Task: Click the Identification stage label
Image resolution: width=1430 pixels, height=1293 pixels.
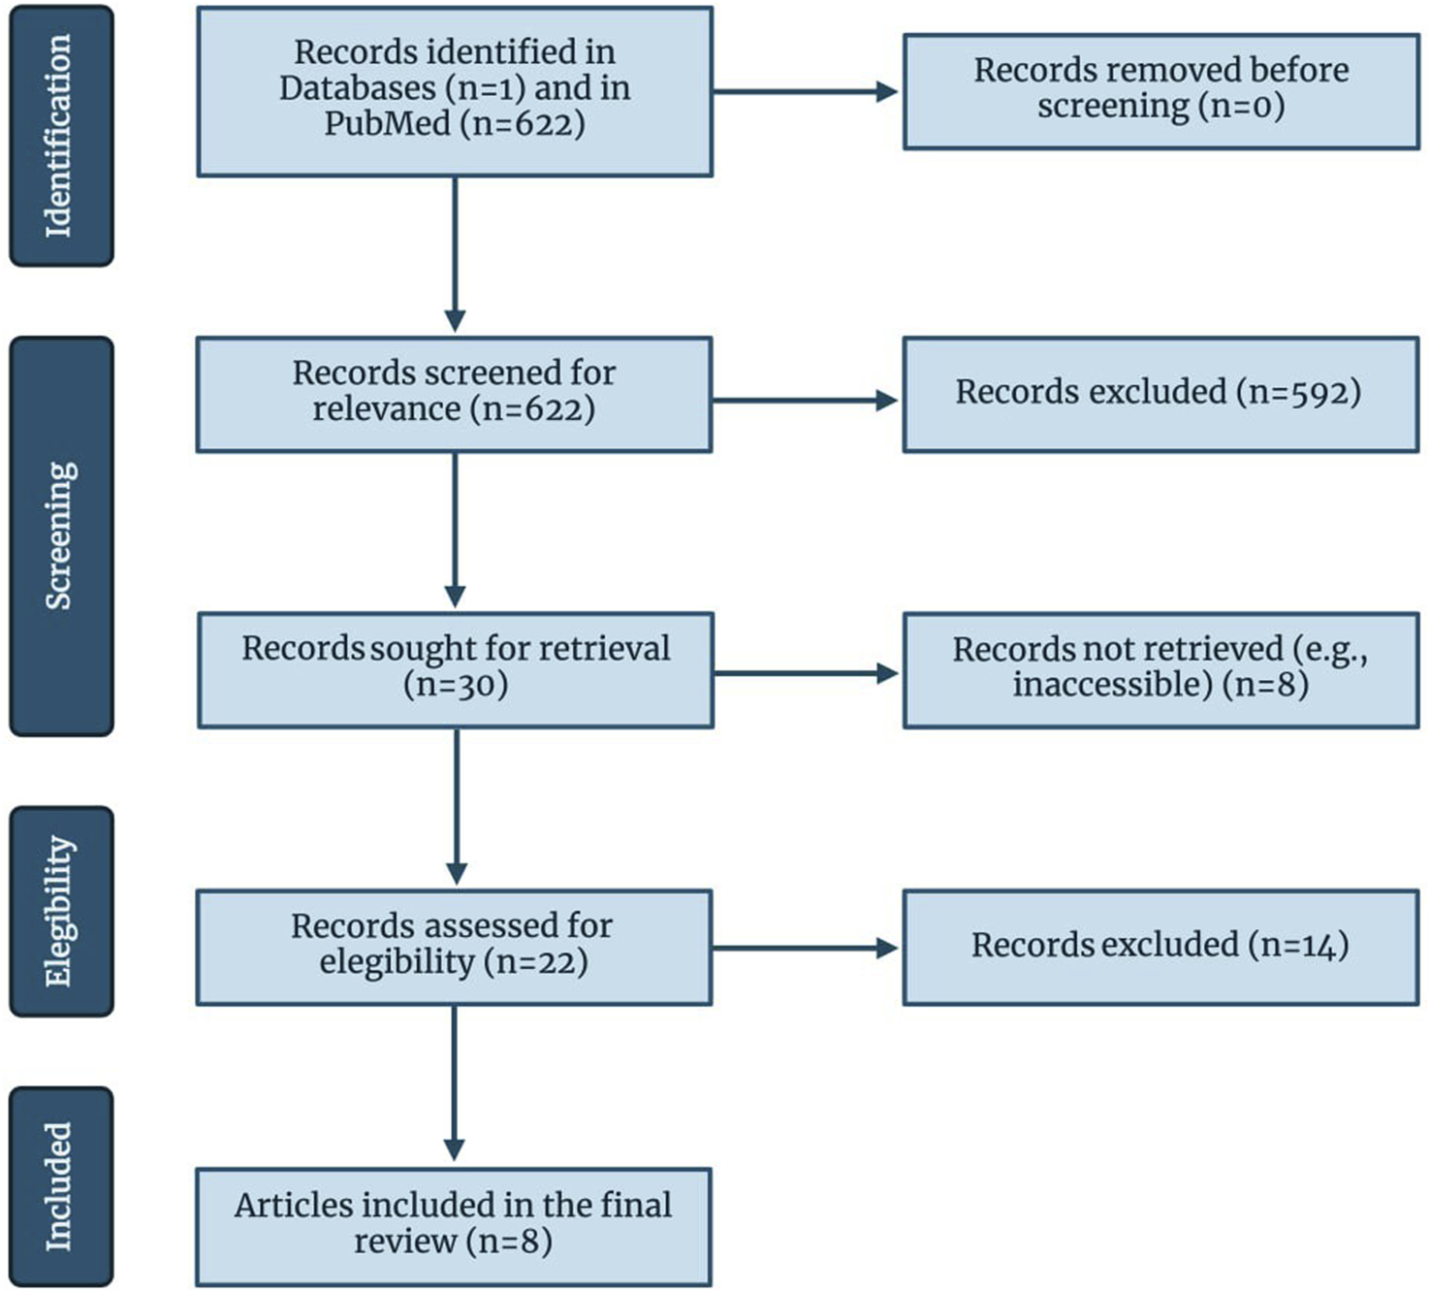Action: pos(61,136)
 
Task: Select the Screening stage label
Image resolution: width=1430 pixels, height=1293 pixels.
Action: pos(61,536)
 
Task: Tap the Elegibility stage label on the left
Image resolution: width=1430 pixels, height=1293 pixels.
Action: pos(61,912)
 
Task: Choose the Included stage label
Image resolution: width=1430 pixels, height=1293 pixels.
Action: pos(61,1186)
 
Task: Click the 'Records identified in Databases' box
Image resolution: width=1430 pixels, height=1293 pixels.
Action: pos(455,92)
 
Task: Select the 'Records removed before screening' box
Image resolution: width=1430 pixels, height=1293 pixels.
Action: pos(1160,91)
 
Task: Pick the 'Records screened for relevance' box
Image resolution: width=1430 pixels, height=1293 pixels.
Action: pos(454,394)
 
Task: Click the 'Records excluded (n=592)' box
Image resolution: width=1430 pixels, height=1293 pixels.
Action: pos(1160,394)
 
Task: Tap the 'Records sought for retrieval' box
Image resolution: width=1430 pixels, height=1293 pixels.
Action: pos(456,669)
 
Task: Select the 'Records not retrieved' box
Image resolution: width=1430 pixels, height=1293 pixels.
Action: pos(1160,669)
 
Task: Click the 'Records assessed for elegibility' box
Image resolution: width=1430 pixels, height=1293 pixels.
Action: pos(454,947)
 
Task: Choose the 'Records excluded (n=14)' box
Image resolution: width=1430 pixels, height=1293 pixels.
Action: pos(1160,947)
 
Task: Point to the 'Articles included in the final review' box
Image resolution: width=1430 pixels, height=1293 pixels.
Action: pos(453,1226)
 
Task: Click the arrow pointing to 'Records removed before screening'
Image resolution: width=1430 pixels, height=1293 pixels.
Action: pos(806,92)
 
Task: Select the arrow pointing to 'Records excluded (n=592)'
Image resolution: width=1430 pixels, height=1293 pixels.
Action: pos(806,401)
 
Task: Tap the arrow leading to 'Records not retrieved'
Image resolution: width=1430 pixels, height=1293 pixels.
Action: pos(806,673)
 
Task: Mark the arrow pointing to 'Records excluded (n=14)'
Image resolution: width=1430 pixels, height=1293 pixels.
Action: pos(806,948)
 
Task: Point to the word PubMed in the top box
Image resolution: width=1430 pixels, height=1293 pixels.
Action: pos(387,124)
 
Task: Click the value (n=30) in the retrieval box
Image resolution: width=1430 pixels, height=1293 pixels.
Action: pos(456,686)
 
